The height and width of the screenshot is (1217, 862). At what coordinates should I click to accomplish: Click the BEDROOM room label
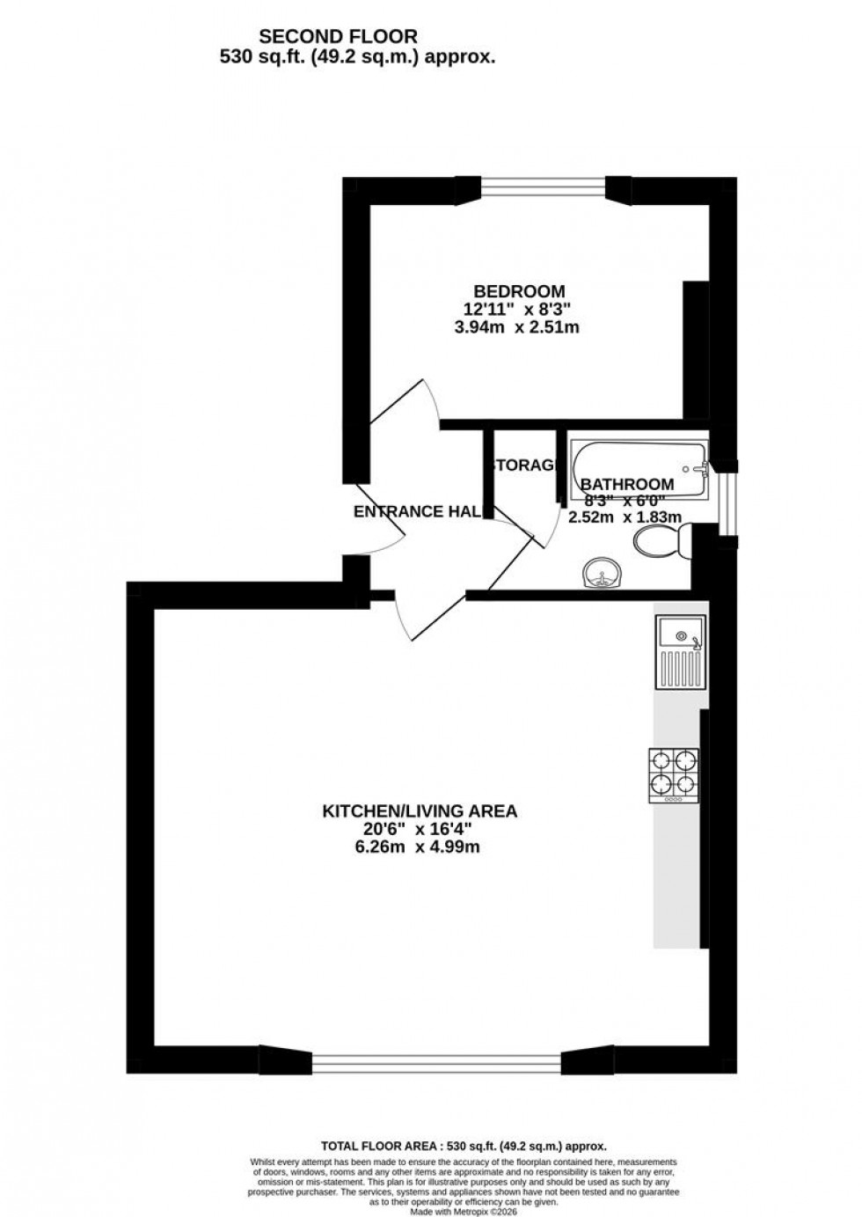pos(519,291)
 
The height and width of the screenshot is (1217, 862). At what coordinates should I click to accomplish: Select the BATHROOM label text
pos(627,484)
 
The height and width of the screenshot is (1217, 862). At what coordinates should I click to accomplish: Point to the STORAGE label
pos(523,466)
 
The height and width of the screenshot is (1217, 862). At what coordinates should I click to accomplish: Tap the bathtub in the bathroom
pos(639,458)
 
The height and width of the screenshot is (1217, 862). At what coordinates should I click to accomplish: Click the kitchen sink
pos(678,652)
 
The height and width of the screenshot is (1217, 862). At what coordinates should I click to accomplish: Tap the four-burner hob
pos(675,773)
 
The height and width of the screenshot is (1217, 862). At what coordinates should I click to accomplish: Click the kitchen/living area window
pos(436,1063)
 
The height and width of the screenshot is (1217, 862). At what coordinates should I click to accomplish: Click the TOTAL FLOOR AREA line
pos(464,1146)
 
